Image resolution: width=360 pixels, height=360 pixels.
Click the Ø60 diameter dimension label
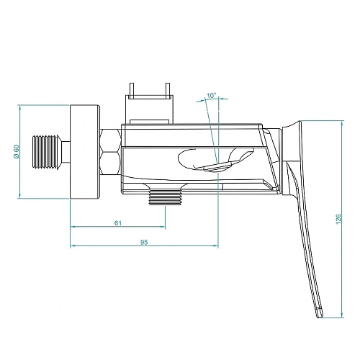point(16,152)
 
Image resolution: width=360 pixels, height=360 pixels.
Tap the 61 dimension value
point(118,222)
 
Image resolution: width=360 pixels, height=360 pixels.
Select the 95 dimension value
point(143,243)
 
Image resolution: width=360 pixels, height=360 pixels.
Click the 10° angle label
point(210,95)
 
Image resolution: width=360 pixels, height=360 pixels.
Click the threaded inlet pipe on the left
point(48,152)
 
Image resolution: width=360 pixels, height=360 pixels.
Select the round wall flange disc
point(84,152)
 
